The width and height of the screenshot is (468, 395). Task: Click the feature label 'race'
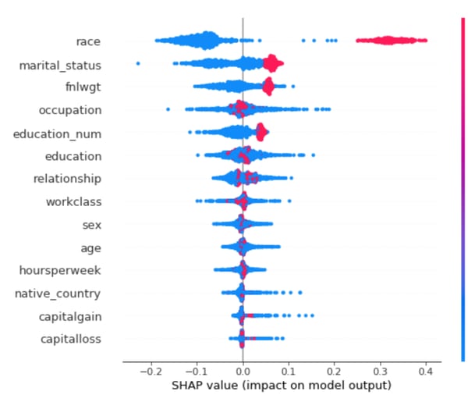[x=87, y=41]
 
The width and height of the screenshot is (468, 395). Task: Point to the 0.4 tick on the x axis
[x=426, y=373]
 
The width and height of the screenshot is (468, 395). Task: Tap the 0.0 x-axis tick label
[x=243, y=373]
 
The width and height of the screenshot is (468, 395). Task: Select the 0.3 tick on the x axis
[x=380, y=373]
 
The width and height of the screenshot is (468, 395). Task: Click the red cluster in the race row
[x=388, y=40]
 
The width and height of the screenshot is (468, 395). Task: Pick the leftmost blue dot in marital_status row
[x=138, y=63]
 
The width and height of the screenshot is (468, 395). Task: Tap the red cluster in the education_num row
[x=261, y=132]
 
